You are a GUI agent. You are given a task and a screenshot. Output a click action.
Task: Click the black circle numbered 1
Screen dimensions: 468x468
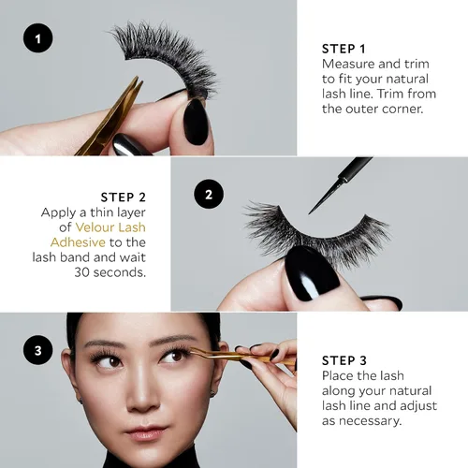click(38, 38)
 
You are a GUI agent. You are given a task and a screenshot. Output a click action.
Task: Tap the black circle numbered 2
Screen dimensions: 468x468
click(209, 194)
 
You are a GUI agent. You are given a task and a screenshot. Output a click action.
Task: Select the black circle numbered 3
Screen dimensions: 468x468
click(38, 350)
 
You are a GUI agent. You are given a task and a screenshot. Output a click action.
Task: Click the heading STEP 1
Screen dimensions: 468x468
click(344, 49)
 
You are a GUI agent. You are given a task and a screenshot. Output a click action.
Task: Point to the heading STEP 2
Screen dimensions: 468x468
click(124, 197)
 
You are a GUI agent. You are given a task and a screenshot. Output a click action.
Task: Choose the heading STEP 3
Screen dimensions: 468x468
click(344, 360)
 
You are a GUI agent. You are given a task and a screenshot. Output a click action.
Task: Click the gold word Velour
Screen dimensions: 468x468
click(95, 227)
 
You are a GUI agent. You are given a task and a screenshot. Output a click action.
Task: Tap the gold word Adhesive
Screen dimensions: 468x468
click(78, 242)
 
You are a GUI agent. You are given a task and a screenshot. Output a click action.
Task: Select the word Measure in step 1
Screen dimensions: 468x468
click(348, 64)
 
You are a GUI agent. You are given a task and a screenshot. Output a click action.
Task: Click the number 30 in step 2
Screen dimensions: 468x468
click(82, 272)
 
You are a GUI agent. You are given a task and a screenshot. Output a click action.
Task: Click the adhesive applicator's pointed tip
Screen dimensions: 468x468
click(309, 213)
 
